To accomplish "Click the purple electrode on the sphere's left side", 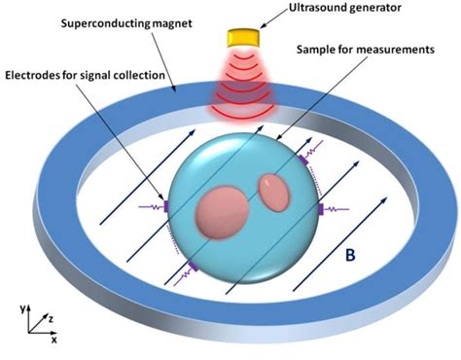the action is click(x=166, y=205).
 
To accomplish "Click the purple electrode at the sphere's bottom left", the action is click(x=192, y=265).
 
